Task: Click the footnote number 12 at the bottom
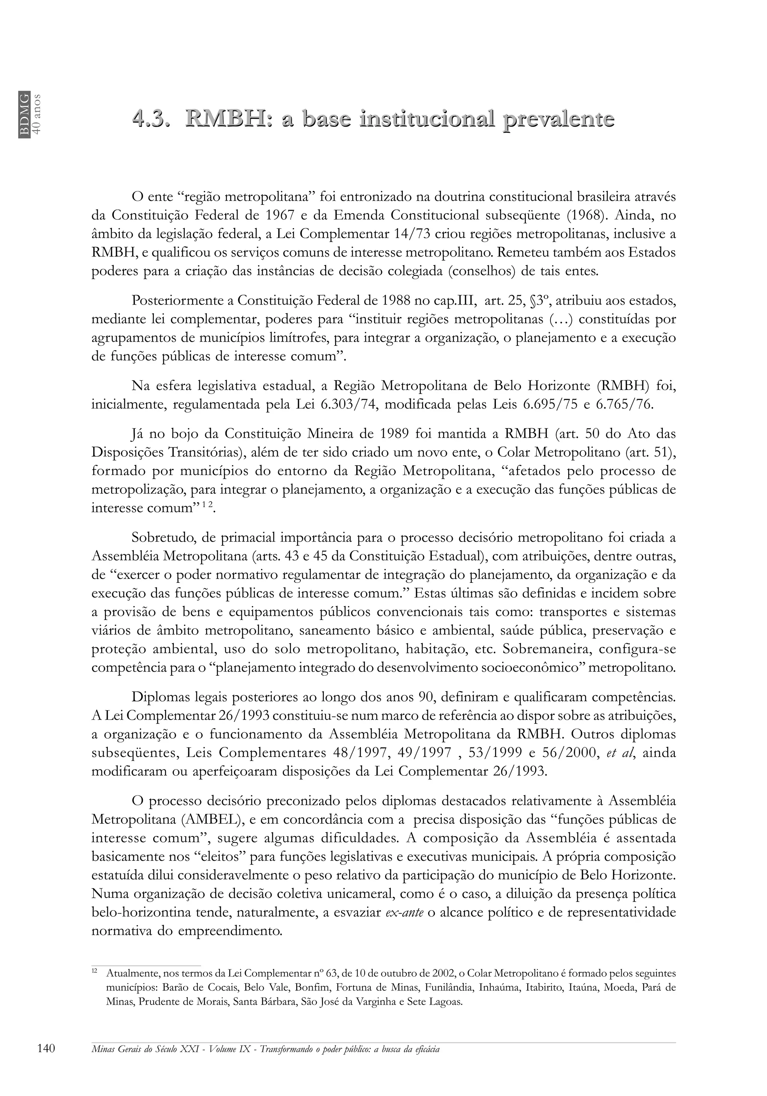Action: (x=94, y=971)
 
